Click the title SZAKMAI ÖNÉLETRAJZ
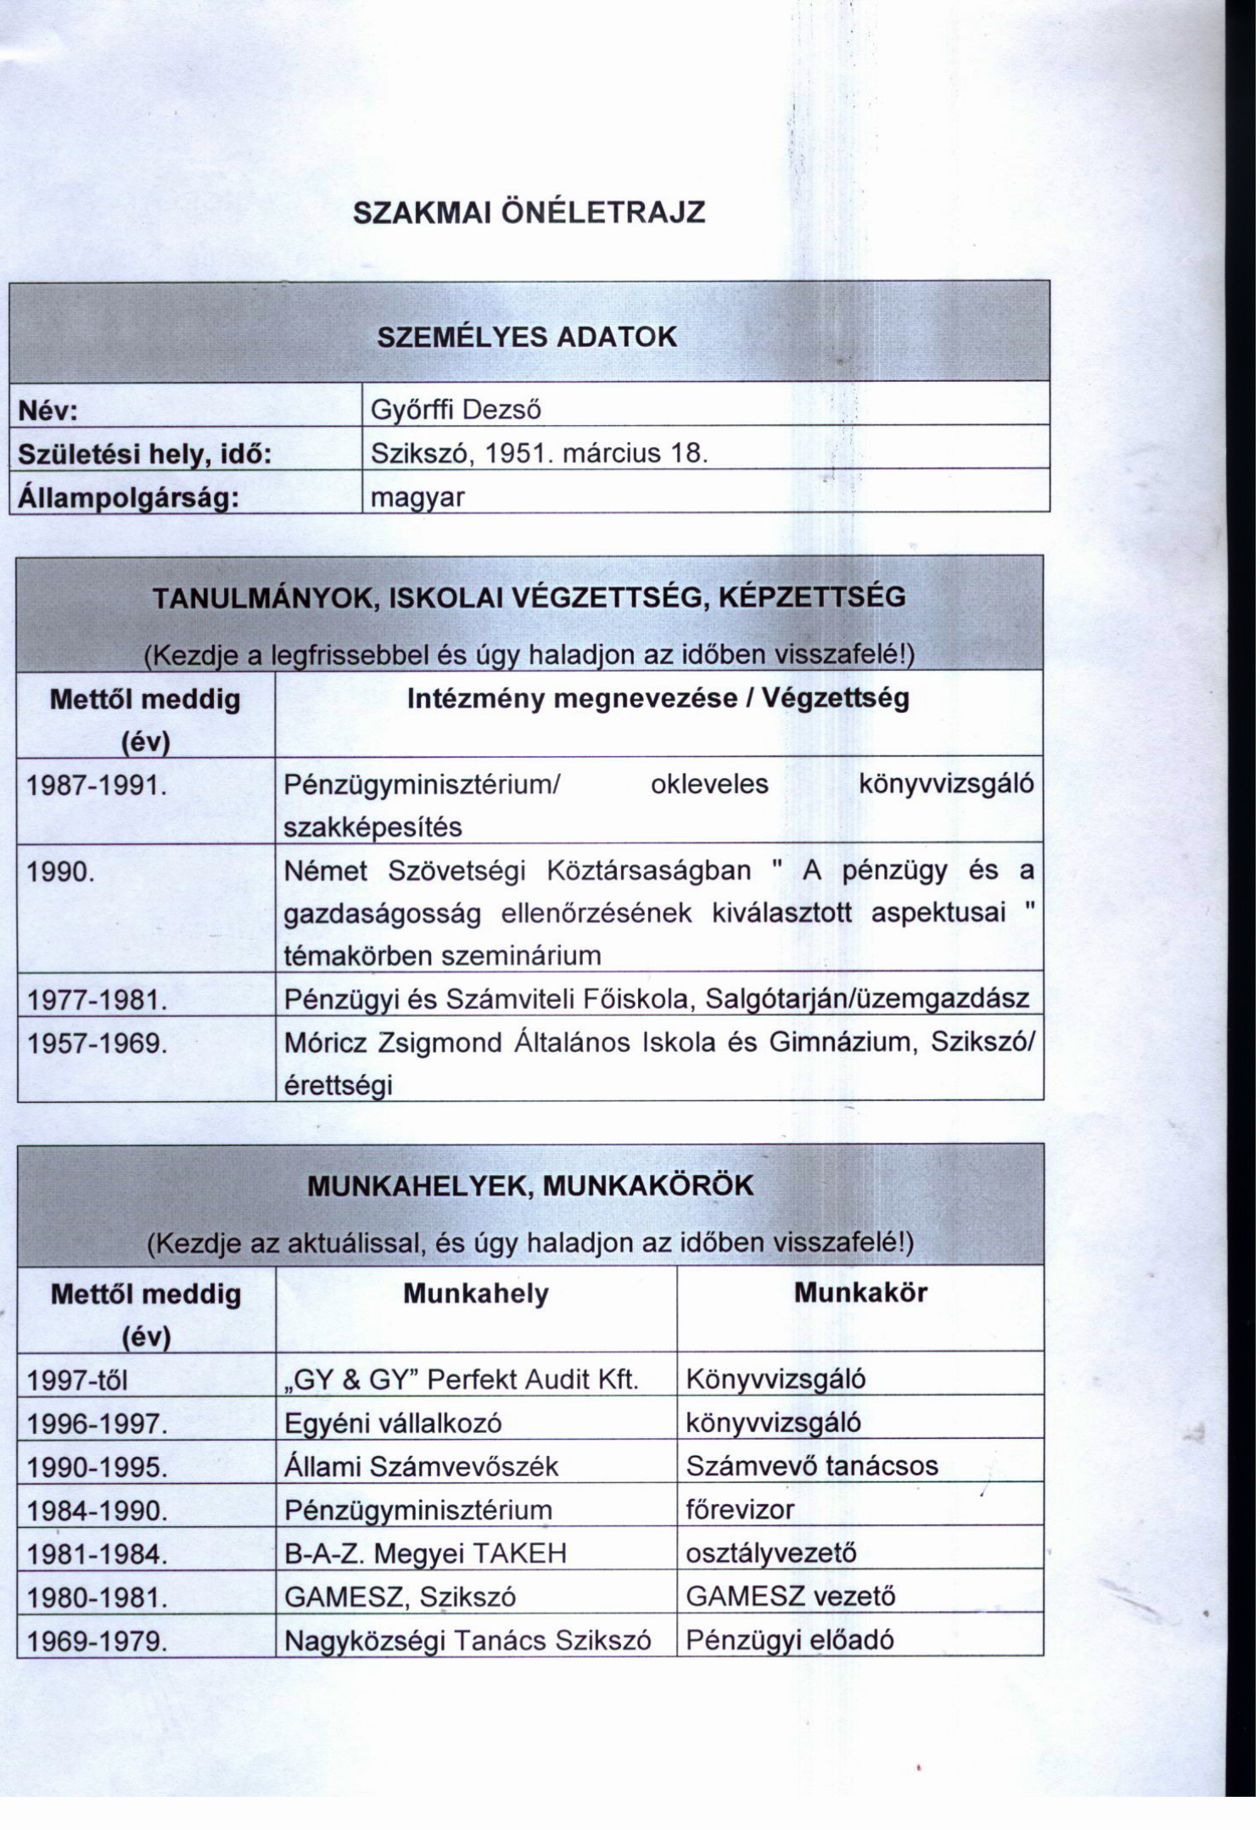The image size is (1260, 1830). [x=528, y=212]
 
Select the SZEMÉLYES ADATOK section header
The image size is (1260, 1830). [x=527, y=337]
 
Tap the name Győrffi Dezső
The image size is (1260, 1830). [x=456, y=411]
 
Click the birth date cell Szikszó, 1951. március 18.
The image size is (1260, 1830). [x=539, y=453]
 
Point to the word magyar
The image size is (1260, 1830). [x=417, y=496]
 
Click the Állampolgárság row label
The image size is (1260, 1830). [x=126, y=497]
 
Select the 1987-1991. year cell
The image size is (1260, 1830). [x=96, y=785]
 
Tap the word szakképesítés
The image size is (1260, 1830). [x=372, y=827]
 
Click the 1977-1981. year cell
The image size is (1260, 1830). [x=96, y=999]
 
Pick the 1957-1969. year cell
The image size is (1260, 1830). [x=96, y=1043]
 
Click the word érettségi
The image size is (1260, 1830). [x=338, y=1085]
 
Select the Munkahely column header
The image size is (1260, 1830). [x=475, y=1294]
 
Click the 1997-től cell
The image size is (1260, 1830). [x=77, y=1380]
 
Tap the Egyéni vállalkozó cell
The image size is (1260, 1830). [x=392, y=1424]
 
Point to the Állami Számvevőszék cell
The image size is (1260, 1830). [x=421, y=1467]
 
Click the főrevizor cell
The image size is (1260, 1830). [x=739, y=1510]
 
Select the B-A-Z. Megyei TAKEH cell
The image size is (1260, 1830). [x=424, y=1553]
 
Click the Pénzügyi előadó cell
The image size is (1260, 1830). [x=789, y=1640]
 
